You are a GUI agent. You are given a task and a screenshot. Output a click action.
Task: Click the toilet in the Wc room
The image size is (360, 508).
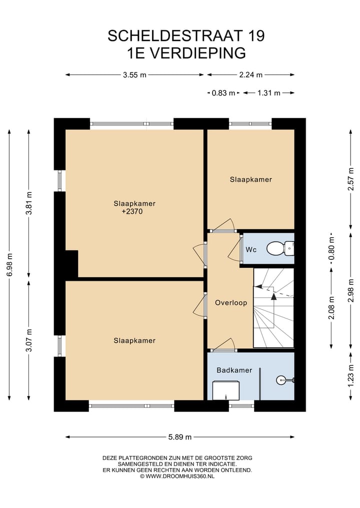(280, 248)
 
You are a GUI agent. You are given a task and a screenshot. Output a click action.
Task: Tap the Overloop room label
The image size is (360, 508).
(231, 303)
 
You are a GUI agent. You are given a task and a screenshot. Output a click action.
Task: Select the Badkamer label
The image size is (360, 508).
(234, 370)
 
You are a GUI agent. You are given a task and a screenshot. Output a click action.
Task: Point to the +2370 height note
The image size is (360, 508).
(132, 212)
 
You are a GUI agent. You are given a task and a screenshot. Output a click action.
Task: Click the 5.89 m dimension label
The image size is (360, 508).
(179, 437)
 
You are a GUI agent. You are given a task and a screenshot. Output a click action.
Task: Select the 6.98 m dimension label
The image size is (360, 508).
(9, 264)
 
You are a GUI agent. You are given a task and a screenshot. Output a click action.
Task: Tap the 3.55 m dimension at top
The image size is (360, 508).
(134, 75)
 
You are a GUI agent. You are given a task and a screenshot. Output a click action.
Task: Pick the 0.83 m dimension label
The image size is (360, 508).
(223, 93)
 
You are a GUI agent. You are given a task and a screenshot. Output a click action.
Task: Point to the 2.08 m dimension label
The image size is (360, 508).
(331, 308)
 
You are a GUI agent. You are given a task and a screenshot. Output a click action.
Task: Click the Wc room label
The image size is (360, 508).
(251, 249)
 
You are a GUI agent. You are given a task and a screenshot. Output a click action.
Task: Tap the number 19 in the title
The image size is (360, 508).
(255, 35)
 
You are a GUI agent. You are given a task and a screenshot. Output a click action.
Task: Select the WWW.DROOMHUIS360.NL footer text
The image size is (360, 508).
(180, 476)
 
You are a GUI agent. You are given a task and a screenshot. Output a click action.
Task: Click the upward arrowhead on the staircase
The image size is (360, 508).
(273, 296)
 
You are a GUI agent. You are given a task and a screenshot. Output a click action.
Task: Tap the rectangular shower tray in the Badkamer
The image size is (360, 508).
(226, 391)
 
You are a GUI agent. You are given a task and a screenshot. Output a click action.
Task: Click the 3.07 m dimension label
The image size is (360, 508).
(29, 340)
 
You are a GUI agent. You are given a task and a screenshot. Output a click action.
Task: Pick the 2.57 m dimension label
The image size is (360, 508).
(350, 179)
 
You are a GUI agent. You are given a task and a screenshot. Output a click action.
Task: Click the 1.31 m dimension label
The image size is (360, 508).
(269, 93)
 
